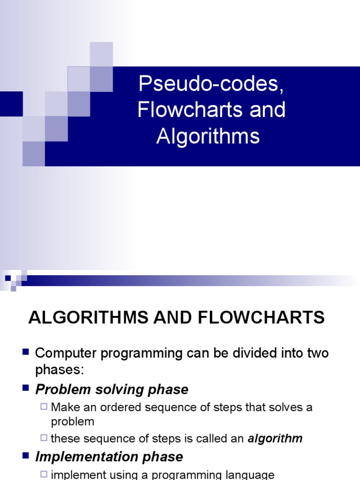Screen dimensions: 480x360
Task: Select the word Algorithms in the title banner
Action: pos(208,136)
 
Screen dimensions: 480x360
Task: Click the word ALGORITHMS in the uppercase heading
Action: pos(85,318)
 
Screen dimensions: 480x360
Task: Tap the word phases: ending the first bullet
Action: pos(59,370)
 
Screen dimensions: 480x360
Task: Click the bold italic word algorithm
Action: pos(275,439)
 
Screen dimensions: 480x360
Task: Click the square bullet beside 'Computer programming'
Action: pos(26,352)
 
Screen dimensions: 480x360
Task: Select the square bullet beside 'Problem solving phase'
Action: pos(26,389)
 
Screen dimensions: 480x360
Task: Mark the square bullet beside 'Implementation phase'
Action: pos(26,456)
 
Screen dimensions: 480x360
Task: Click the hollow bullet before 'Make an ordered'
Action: pos(45,406)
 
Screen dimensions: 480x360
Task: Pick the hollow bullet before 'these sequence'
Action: pos(45,438)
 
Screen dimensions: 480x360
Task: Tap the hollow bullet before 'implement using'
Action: pos(45,474)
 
